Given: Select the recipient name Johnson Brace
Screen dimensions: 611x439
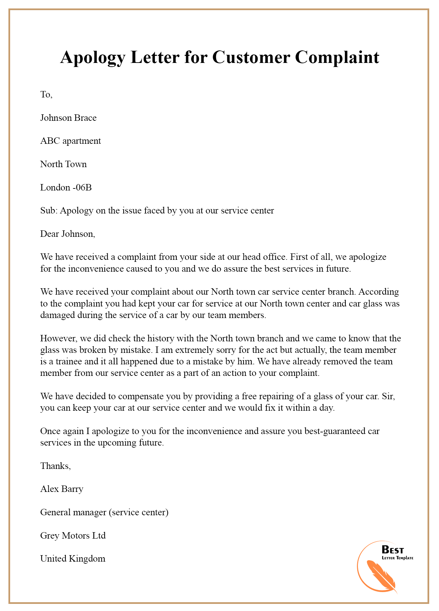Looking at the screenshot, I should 68,118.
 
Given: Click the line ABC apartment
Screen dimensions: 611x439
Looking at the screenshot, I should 70,141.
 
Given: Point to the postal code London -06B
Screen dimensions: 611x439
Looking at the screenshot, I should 66,187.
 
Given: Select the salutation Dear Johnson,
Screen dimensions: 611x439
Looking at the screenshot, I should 68,234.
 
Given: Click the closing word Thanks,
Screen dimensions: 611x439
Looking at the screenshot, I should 55,466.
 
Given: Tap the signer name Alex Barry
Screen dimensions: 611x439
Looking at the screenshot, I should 61,489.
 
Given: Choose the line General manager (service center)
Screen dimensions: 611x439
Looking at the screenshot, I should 104,512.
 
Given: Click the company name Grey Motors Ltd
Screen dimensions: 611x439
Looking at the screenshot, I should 73,536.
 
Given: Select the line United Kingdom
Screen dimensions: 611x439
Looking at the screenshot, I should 73,559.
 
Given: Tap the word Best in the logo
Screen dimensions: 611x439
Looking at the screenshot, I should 392,549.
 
